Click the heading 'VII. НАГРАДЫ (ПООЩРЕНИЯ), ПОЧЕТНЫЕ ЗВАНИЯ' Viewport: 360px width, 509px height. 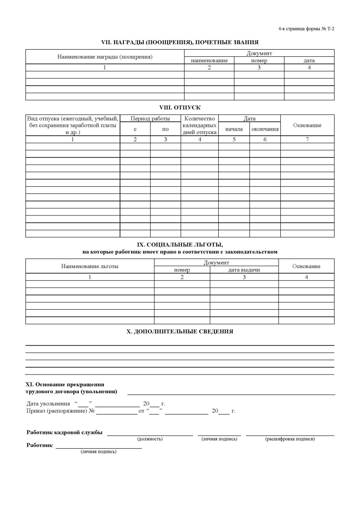180,42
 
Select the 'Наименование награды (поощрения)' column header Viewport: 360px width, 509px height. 105,56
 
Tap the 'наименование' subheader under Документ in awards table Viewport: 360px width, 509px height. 209,61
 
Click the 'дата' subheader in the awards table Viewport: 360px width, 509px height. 309,61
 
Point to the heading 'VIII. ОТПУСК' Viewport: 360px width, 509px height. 180,108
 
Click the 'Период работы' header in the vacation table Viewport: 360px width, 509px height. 150,118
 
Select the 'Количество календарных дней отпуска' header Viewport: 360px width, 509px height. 200,125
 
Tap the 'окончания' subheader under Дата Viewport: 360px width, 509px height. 265,129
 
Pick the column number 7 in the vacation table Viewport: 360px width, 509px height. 307,139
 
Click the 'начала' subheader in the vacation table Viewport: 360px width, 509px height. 234,129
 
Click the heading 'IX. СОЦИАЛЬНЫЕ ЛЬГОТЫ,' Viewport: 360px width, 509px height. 180,245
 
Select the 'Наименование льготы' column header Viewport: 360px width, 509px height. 89,266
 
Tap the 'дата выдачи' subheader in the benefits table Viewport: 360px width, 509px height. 244,270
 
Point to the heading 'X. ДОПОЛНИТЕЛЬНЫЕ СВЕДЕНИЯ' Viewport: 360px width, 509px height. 180,331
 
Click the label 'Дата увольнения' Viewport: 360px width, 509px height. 48,404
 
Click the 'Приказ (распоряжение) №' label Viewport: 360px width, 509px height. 60,411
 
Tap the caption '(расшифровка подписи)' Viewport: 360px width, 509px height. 290,439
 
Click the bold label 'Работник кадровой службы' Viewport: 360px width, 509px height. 64,432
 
